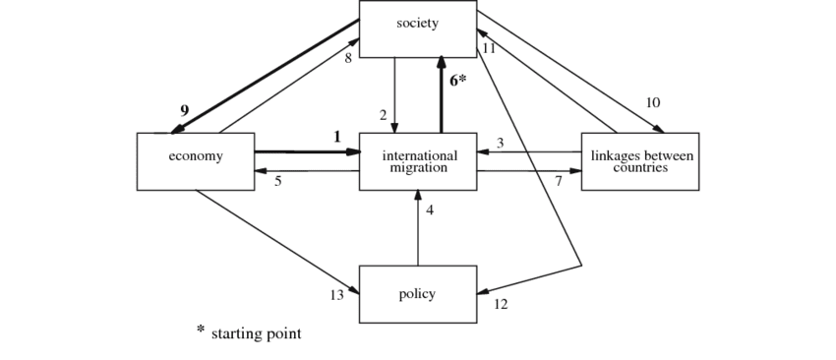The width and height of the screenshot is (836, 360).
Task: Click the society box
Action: click(417, 28)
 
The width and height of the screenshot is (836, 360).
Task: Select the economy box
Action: click(195, 160)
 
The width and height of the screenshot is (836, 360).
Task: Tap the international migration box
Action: click(417, 160)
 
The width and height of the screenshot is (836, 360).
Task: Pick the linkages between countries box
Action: click(639, 160)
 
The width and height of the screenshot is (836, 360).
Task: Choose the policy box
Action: click(417, 294)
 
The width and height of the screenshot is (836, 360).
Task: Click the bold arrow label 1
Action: click(336, 137)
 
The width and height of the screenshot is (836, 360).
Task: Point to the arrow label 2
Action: click(384, 113)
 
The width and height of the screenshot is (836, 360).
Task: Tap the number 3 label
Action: click(500, 144)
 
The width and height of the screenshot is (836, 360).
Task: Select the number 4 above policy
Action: click(430, 210)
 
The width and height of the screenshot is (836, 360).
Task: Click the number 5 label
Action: click(278, 181)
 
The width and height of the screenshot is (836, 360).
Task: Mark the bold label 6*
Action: click(458, 81)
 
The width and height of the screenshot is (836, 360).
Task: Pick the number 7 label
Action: click(558, 181)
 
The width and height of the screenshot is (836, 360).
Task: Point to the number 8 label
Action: click(348, 58)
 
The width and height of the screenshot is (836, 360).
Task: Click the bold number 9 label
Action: click(184, 110)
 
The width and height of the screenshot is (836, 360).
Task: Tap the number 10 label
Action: click(653, 102)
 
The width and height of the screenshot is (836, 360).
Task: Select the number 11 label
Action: click(489, 48)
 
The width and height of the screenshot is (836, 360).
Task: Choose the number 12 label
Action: click(501, 304)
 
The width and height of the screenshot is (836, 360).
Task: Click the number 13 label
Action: click(337, 295)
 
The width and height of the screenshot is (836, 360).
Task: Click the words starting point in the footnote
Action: click(256, 334)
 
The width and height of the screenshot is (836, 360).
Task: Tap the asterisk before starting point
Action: click(200, 330)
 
